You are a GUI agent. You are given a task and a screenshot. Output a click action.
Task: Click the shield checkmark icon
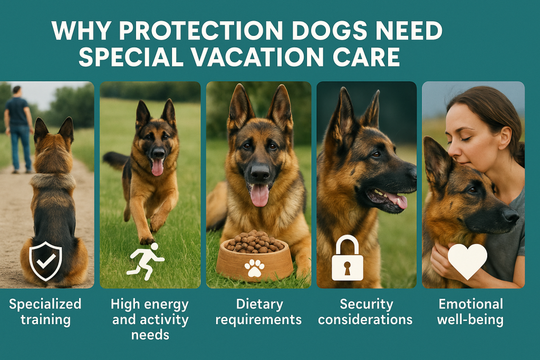tap(46, 260)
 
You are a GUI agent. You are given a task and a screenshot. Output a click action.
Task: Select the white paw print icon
tap(255, 268)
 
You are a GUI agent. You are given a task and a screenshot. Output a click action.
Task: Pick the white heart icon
tap(467, 261)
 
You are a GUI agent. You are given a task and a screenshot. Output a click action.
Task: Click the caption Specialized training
tap(45, 312)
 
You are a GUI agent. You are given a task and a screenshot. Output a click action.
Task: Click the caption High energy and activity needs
tap(150, 319)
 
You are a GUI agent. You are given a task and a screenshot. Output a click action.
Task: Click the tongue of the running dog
tap(157, 167)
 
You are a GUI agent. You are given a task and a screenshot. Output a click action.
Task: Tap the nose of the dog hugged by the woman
tap(510, 215)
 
